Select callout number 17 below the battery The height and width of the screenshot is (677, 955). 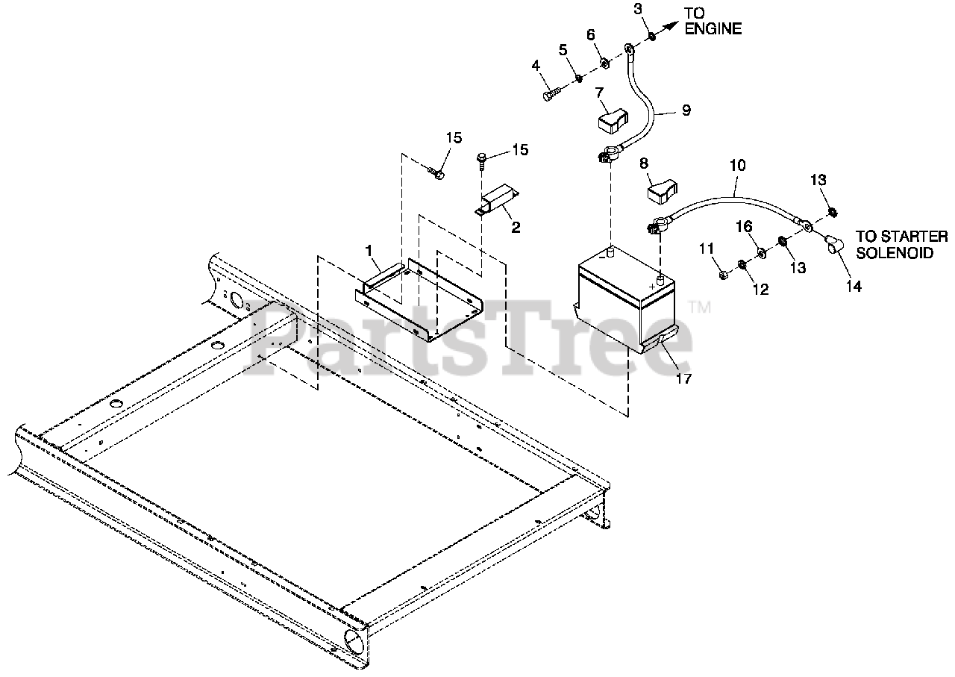pos(683,378)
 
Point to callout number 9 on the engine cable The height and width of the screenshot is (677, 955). pos(686,110)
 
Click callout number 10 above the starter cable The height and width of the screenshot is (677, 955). pos(737,166)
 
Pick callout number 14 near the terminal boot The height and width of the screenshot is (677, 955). pos(854,286)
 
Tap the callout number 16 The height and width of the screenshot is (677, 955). pos(743,225)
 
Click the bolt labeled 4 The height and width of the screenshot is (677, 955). pos(550,95)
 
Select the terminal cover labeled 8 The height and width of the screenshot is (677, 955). pos(659,190)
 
